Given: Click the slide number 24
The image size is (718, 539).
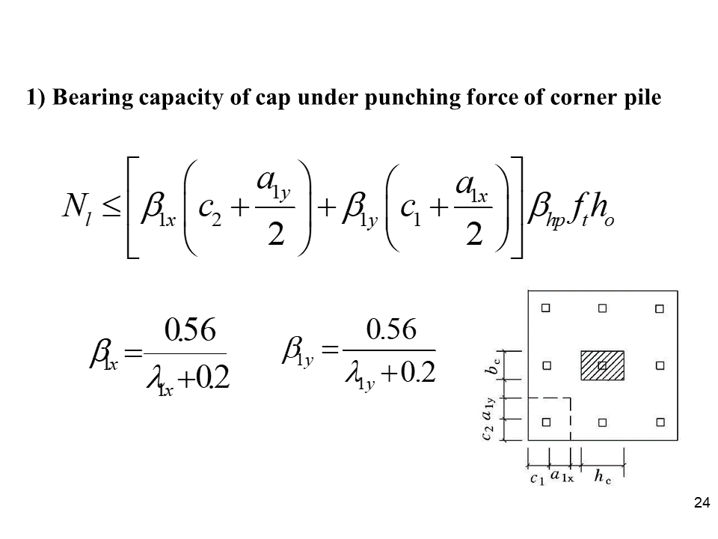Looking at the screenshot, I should [701, 502].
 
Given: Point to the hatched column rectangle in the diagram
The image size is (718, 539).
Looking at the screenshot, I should [603, 365].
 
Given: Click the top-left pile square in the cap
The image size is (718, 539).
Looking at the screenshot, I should [547, 308].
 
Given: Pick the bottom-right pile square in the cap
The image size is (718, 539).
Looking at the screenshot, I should [660, 422].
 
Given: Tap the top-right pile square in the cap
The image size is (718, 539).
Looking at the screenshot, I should [660, 308].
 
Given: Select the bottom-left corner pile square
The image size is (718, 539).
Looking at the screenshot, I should [547, 422].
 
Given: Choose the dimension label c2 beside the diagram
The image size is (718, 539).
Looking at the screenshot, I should [488, 431].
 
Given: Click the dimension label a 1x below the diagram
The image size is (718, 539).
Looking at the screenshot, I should [561, 476].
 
